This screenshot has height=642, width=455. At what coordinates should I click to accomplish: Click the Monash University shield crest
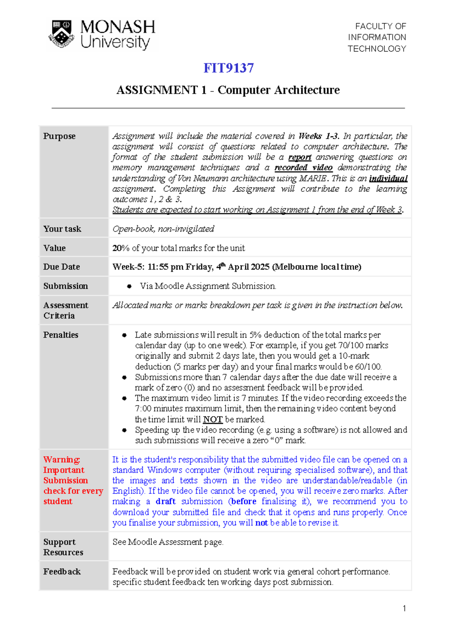point(61,34)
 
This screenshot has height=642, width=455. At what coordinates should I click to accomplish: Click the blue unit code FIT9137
point(228,68)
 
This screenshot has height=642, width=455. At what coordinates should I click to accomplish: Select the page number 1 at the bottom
point(404,609)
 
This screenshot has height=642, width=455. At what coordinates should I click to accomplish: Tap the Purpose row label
point(59,136)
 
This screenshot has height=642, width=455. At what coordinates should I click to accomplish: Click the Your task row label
point(62,229)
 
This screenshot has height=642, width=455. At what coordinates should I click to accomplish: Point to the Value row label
point(54,248)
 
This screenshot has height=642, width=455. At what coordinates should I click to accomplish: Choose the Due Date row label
point(61,267)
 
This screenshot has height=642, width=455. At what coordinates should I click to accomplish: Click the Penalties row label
point(61,335)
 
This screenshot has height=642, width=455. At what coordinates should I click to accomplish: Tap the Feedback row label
point(62,572)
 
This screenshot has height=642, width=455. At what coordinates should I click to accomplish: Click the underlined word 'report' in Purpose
point(300,157)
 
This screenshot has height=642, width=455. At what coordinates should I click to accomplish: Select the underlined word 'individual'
point(388,179)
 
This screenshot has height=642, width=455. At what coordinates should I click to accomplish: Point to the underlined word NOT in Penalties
point(213,420)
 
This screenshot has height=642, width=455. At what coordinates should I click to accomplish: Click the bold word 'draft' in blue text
point(166,501)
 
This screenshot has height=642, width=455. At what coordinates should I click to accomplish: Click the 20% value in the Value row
point(121,248)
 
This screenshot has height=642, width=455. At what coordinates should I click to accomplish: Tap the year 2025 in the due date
point(260,267)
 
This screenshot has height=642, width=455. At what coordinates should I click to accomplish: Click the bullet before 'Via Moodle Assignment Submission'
point(129,287)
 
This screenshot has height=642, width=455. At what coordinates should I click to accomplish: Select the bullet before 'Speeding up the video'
point(124,430)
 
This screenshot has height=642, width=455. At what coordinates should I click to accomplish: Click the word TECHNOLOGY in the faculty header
point(377,49)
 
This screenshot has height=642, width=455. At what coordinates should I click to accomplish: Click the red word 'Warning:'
point(61,460)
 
